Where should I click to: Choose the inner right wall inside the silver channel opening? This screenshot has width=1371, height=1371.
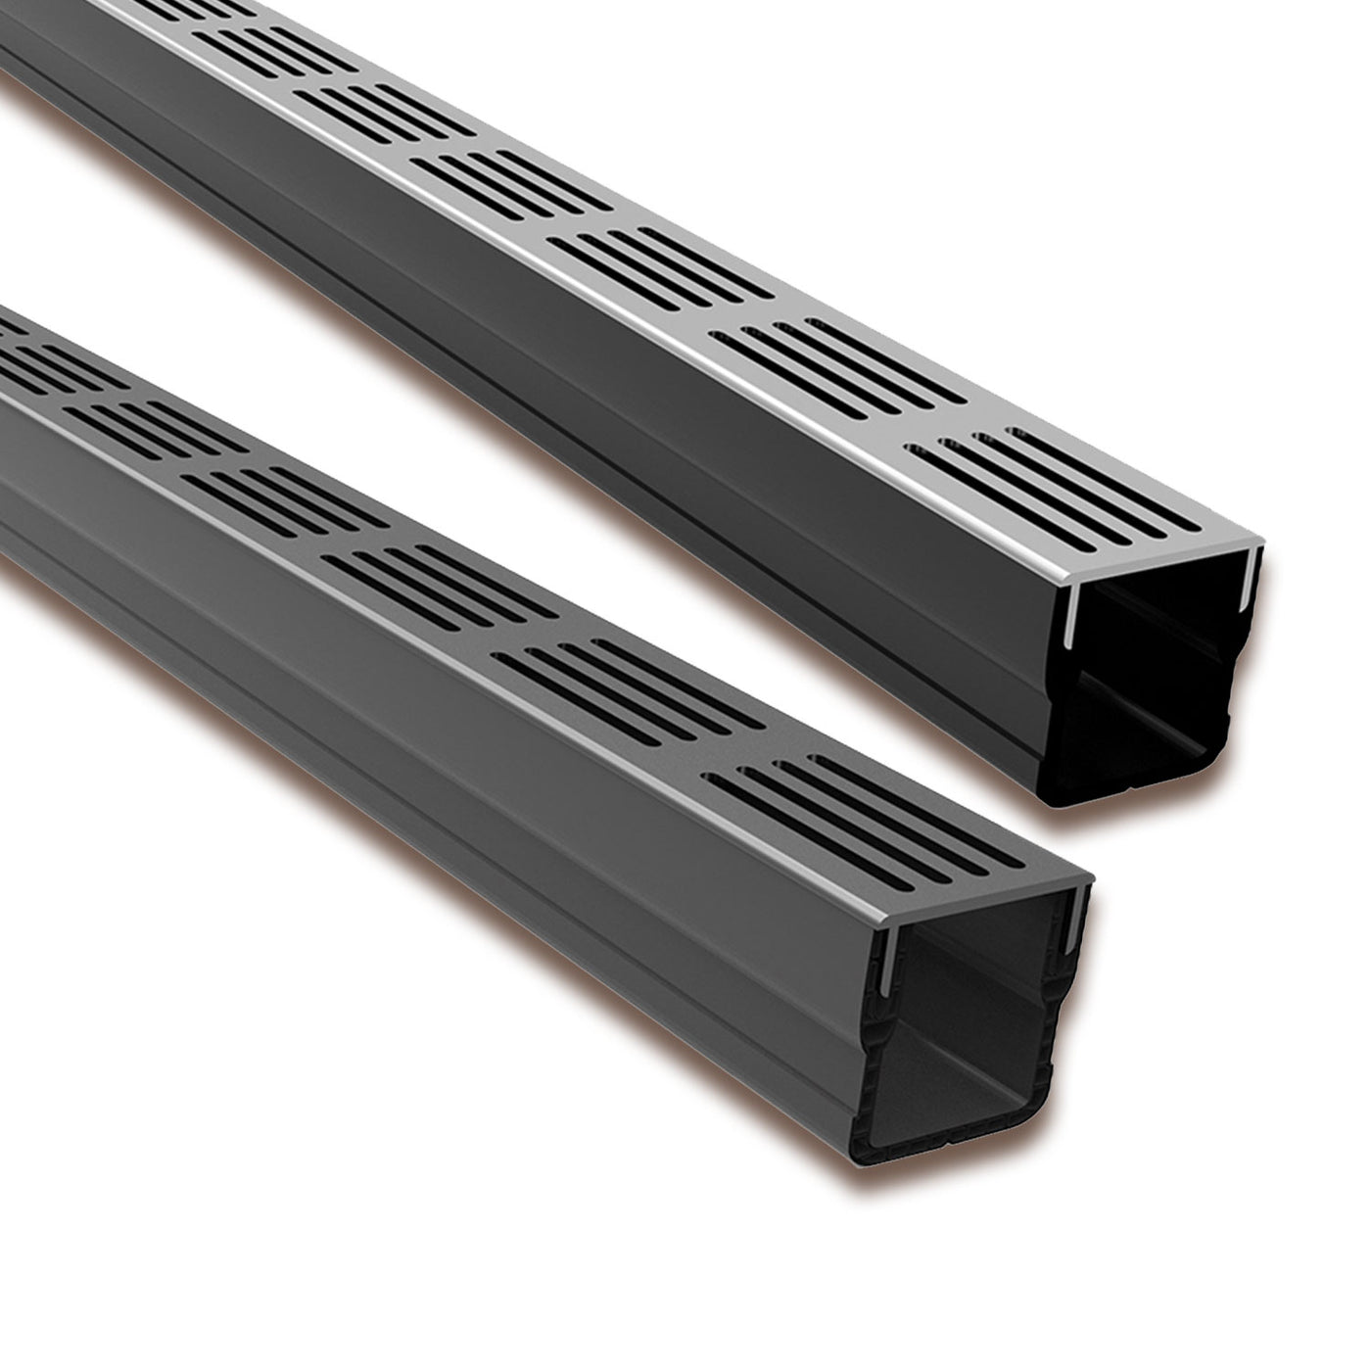[1236, 666]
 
